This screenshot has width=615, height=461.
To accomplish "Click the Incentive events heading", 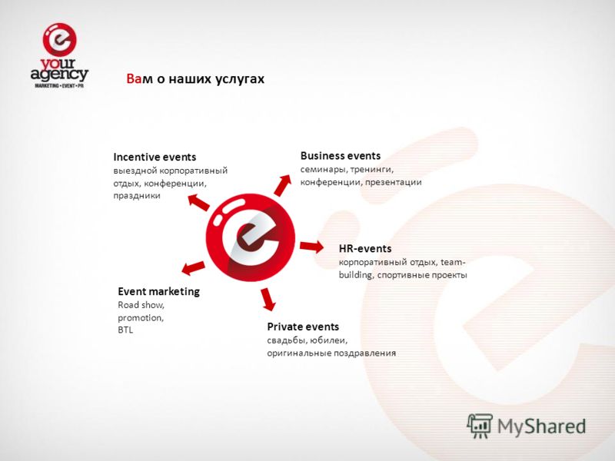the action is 155,158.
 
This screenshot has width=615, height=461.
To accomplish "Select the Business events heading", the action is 341,156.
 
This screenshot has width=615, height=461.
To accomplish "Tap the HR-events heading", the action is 365,248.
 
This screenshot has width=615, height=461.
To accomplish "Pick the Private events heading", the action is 303,327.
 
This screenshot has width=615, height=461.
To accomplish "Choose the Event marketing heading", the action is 159,291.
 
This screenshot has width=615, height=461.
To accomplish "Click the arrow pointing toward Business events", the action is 283,185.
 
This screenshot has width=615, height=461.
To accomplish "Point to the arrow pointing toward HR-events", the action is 312,247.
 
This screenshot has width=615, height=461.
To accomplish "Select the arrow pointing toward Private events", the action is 268,299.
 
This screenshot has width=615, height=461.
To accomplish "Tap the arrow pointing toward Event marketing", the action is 193,267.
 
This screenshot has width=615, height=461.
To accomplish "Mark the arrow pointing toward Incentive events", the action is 198,202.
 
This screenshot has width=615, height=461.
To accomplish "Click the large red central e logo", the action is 251,237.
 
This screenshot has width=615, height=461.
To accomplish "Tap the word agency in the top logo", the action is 59,74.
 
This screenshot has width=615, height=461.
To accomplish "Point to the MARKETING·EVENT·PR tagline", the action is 59,85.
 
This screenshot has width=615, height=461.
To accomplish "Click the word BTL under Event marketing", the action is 125,330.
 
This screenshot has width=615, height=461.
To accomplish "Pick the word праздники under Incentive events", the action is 137,196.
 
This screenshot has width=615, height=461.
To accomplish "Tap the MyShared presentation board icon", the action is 479,426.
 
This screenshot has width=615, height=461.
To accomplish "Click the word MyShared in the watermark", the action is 542,426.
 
